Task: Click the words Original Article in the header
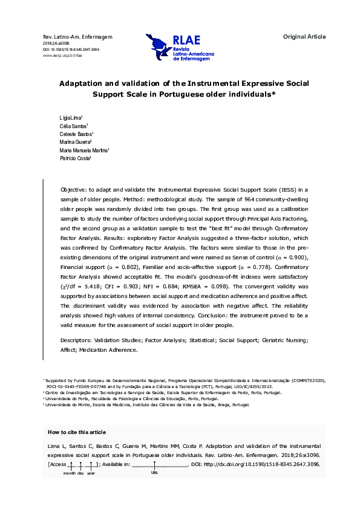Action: (x=304, y=37)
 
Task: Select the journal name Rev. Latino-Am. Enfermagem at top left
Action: (x=70, y=37)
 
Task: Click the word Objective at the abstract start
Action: (x=76, y=189)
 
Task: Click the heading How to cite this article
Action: (x=76, y=432)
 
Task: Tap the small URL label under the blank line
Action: (x=154, y=473)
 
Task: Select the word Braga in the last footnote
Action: (x=226, y=405)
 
